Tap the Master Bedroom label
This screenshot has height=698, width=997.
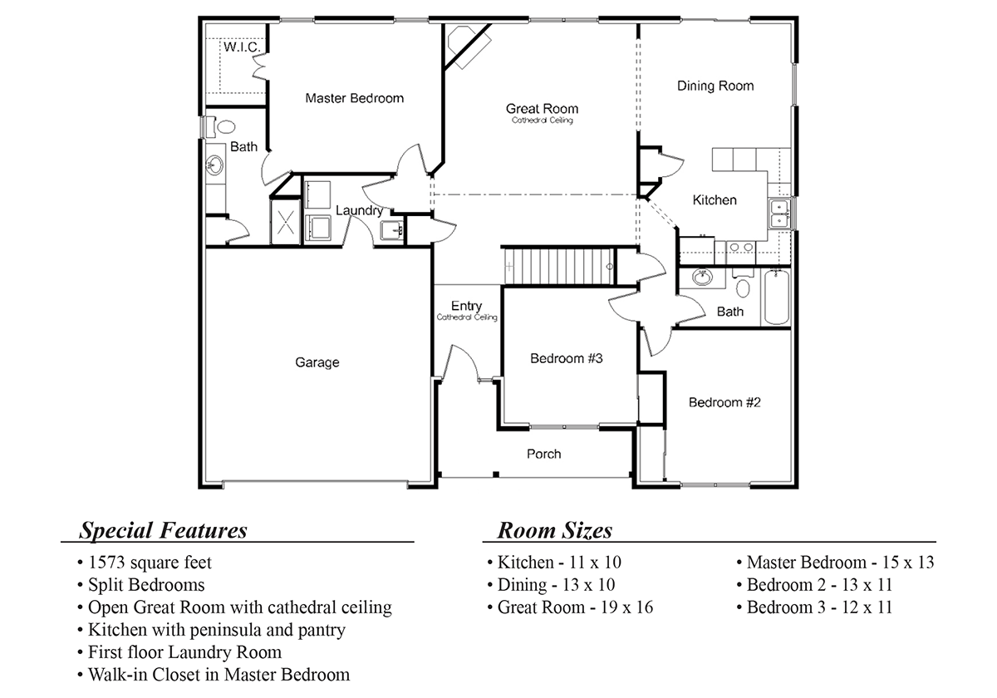pos(354,98)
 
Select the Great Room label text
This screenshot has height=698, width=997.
pos(542,109)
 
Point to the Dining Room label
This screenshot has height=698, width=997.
pos(715,86)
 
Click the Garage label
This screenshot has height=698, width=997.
pos(317,362)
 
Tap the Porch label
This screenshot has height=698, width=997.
pos(543,454)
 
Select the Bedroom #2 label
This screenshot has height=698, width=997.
pos(724,402)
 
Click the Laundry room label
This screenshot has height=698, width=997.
pos(359,211)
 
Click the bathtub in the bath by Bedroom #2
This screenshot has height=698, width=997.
pos(778,297)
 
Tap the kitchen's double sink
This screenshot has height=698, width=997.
pos(779,214)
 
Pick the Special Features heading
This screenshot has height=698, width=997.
pos(163,530)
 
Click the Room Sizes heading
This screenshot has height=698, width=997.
pos(554,530)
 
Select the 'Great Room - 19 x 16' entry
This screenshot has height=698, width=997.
pos(570,607)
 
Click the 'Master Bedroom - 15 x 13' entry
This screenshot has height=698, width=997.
pos(836,563)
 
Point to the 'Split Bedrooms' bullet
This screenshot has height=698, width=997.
pos(140,584)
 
